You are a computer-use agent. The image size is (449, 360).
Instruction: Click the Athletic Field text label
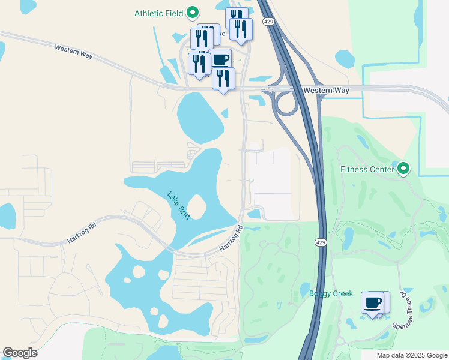pos(158,13)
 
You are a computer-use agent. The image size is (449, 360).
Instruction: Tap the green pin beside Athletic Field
pos(193,12)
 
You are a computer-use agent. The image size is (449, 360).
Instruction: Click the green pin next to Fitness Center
pos(404,170)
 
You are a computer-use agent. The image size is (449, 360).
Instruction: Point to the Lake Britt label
pos(178,205)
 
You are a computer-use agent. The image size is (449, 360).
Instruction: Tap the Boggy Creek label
pos(328,293)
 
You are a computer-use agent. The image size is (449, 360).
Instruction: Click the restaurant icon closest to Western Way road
pos(223,79)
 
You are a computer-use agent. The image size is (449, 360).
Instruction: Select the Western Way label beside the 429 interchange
pos(326,90)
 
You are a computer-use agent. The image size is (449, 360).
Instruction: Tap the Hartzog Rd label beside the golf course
pos(230,239)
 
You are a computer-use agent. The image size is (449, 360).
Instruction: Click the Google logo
pos(20,353)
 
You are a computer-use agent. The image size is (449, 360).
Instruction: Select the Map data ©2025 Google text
pos(411,355)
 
